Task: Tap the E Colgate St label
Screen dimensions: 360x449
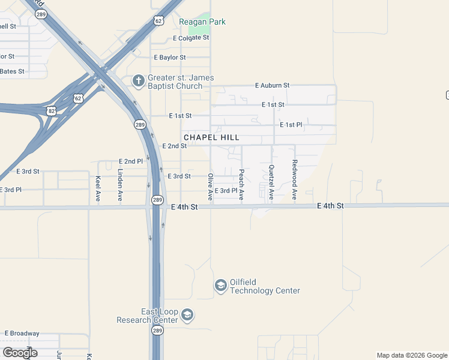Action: click(x=190, y=38)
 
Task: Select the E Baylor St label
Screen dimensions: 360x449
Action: click(x=170, y=58)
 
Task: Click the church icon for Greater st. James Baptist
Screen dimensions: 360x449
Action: click(x=138, y=80)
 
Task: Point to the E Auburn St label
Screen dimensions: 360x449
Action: click(x=272, y=86)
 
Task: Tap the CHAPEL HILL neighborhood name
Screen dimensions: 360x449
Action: click(x=211, y=137)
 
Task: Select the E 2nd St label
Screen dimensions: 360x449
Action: click(x=175, y=146)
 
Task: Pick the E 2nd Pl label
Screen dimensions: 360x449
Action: click(x=131, y=161)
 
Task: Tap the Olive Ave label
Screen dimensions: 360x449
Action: click(x=210, y=186)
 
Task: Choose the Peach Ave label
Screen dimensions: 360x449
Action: click(x=241, y=184)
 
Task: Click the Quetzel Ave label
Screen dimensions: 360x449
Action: click(x=271, y=182)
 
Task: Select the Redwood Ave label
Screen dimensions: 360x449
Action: click(x=294, y=180)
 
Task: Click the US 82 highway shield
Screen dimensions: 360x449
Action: click(x=53, y=111)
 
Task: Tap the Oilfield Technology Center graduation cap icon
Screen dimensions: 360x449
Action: click(x=221, y=285)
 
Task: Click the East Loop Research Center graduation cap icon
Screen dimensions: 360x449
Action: click(x=187, y=314)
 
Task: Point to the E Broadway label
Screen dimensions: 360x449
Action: click(x=22, y=334)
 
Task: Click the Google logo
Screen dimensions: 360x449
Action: click(x=20, y=352)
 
